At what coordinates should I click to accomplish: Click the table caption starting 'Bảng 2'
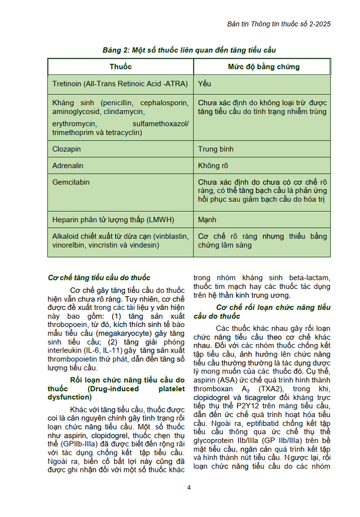[x=189, y=50]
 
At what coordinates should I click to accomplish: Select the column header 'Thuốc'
[x=120, y=67]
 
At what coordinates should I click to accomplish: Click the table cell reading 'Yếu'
[x=205, y=84]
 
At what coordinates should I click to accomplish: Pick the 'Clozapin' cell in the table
[x=67, y=149]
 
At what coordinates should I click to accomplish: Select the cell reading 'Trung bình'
[x=216, y=149]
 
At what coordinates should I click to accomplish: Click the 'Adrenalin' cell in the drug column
[x=68, y=166]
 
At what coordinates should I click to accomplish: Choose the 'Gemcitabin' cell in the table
[x=71, y=182]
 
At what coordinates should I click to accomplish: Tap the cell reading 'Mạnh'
[x=207, y=220]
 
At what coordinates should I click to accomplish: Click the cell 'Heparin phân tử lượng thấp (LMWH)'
[x=113, y=220]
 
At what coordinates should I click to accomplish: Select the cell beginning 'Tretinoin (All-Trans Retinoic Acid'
[x=120, y=84]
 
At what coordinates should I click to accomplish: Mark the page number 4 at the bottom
[x=189, y=487]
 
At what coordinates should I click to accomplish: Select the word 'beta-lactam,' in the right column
[x=310, y=278]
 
